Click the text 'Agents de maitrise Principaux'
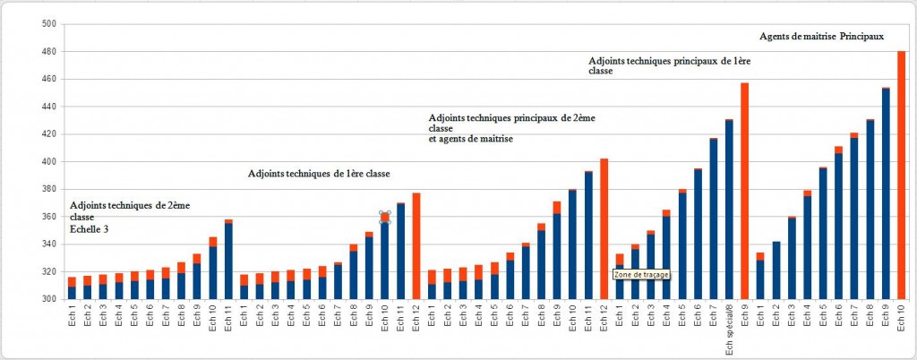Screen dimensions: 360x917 tap(821, 37)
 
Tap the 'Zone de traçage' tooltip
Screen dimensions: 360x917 tap(640, 275)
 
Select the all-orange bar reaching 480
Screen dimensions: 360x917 tap(901, 175)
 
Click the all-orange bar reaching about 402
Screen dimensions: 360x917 tap(604, 228)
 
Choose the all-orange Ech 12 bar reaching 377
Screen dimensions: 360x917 tap(416, 245)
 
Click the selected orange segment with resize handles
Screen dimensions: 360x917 tap(385, 218)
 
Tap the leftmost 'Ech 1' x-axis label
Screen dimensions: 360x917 tap(73, 321)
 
